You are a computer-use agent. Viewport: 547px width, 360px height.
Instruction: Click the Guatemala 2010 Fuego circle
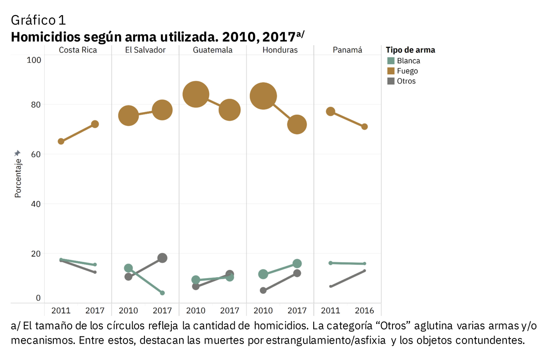pyautogui.click(x=196, y=94)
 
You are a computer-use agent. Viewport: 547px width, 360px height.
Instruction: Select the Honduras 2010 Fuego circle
pyautogui.click(x=263, y=96)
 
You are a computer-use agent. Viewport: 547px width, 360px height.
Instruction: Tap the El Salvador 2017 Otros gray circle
pyautogui.click(x=162, y=258)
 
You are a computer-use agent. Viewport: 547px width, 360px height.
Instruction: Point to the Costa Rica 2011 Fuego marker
pyautogui.click(x=61, y=141)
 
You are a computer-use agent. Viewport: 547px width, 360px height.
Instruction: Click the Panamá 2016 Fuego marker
pyautogui.click(x=365, y=127)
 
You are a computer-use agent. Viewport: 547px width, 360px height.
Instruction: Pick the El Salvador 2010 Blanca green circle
pyautogui.click(x=129, y=268)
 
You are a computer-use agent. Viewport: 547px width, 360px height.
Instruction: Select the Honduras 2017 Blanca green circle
pyautogui.click(x=297, y=263)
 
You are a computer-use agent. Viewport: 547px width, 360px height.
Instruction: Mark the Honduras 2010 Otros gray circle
pyautogui.click(x=263, y=290)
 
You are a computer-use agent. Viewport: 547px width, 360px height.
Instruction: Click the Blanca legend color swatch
pyautogui.click(x=391, y=61)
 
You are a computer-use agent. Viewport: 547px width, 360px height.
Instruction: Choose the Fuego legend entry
pyautogui.click(x=407, y=71)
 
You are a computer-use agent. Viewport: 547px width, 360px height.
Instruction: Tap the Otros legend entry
pyautogui.click(x=406, y=81)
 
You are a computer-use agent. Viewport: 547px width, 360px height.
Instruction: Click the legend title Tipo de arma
pyautogui.click(x=410, y=50)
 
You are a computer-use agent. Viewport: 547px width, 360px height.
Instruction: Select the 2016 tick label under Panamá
pyautogui.click(x=364, y=311)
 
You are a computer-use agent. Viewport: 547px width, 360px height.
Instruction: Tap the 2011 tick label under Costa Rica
pyautogui.click(x=61, y=311)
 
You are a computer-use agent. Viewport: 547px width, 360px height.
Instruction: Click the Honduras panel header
pyautogui.click(x=280, y=50)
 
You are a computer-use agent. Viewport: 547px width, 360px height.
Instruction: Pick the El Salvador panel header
pyautogui.click(x=145, y=50)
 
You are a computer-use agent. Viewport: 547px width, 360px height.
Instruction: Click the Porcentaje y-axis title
pyautogui.click(x=18, y=178)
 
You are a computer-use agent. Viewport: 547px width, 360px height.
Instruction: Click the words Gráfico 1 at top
pyautogui.click(x=38, y=20)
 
